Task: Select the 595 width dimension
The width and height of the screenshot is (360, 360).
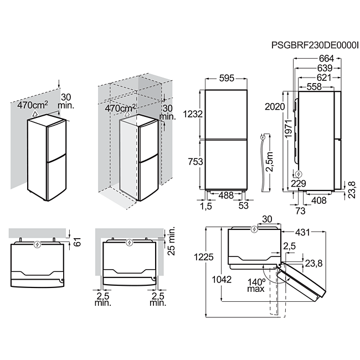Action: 227,78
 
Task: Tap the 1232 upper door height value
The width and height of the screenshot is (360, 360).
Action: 193,114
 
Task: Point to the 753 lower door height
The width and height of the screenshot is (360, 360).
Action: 196,162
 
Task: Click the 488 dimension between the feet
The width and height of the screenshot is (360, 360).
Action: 226,196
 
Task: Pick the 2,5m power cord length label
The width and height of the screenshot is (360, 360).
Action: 269,162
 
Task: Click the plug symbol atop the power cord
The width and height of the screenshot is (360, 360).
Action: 263,138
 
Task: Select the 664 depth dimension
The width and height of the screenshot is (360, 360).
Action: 326,59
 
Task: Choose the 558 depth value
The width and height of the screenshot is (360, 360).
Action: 315,86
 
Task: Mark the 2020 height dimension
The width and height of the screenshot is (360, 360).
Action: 275,106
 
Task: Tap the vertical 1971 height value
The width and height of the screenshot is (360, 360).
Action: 288,128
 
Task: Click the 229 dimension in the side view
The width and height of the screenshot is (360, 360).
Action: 299,183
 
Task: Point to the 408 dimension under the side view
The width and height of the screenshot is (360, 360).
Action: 319,200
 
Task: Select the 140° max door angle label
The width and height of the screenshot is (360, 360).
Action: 256,285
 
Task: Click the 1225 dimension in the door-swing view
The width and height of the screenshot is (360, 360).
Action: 204,257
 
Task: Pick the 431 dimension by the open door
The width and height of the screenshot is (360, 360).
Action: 302,233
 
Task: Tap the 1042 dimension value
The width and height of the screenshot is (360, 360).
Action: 222,279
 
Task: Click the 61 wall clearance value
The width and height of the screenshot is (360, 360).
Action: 78,242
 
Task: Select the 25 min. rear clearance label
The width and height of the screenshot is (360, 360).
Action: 171,241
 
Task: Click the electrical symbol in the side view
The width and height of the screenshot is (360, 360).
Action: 299,174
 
